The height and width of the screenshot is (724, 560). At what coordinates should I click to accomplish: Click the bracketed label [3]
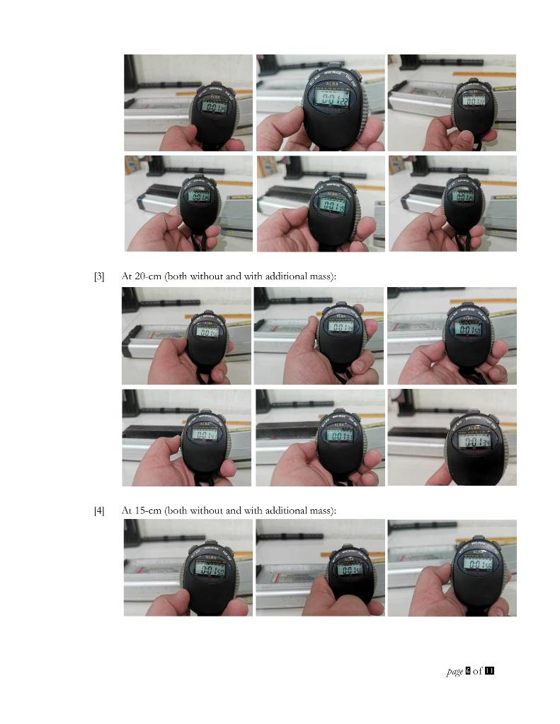(99, 276)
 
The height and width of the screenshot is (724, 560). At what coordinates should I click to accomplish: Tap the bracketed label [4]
(99, 510)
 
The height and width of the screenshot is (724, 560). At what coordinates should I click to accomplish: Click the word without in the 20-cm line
(206, 276)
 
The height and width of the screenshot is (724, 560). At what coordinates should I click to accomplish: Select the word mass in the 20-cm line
(322, 276)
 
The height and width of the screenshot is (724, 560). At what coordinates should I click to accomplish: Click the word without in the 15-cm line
(206, 510)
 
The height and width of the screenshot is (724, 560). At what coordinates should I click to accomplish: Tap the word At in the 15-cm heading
(127, 510)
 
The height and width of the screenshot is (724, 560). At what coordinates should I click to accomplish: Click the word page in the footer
(455, 671)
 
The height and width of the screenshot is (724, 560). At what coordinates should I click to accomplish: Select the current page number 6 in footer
(468, 671)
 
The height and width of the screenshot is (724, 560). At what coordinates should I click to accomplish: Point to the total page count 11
(489, 671)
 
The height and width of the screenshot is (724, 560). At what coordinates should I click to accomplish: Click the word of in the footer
(478, 671)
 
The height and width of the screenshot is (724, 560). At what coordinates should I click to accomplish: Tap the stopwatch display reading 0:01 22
(333, 99)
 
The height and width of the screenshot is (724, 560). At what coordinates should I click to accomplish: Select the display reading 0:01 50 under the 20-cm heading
(472, 329)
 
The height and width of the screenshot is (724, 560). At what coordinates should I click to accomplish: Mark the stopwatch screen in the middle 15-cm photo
(349, 570)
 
